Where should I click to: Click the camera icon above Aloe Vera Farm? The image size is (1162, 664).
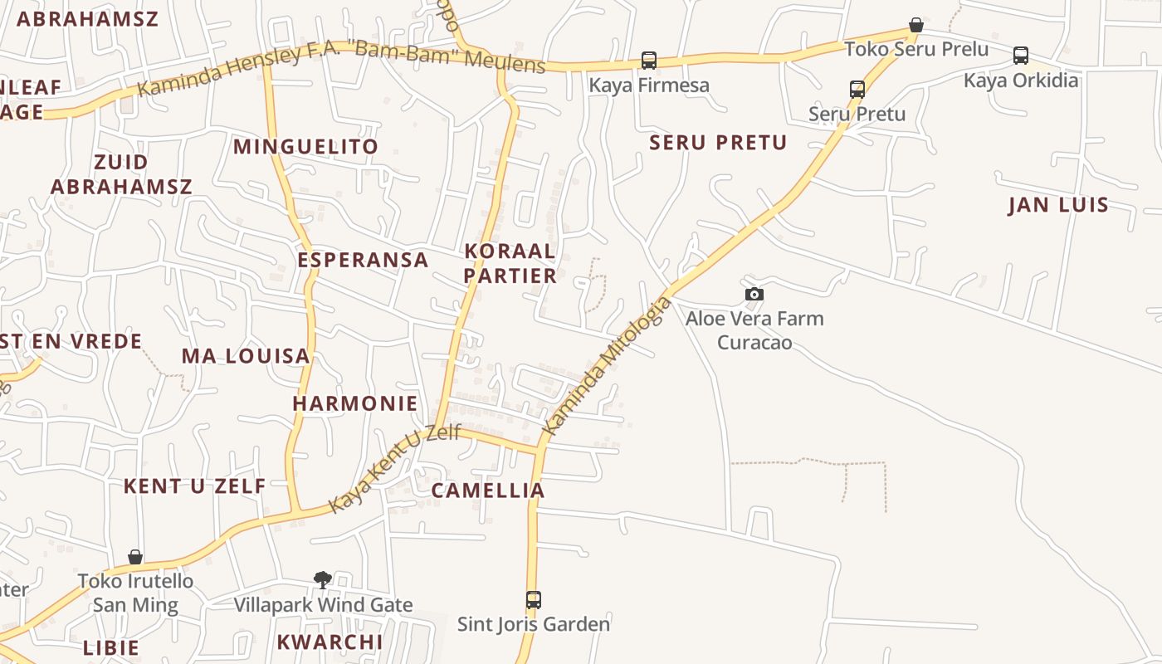(x=754, y=294)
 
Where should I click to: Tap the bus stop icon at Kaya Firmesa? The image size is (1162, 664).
(x=648, y=60)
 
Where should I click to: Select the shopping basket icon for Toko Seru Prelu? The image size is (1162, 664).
(x=916, y=25)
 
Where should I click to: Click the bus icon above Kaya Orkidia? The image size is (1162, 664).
(x=1020, y=56)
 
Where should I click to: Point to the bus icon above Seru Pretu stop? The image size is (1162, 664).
(x=857, y=89)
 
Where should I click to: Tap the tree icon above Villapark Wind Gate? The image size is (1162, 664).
(x=323, y=579)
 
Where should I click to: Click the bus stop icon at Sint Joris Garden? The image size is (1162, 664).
(x=534, y=599)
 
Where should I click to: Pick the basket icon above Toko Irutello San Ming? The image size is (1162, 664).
(x=134, y=556)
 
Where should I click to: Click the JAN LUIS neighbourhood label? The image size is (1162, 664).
(x=1058, y=205)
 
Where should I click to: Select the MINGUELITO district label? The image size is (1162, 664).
(x=305, y=147)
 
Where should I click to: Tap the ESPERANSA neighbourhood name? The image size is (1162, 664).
(x=363, y=260)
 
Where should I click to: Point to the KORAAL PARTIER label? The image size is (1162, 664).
(x=510, y=263)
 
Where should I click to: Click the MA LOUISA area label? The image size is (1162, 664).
(x=246, y=356)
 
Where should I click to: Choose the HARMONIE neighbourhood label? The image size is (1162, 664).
(x=355, y=404)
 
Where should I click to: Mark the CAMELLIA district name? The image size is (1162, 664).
(x=488, y=491)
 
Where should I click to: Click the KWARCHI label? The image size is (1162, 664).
(x=330, y=642)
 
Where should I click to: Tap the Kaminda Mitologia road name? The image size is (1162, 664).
(x=607, y=364)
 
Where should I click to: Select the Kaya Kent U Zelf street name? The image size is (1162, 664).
(x=394, y=468)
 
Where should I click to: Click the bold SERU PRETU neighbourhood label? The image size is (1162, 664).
(x=718, y=143)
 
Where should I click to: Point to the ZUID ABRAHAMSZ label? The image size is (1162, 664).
(x=121, y=174)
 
